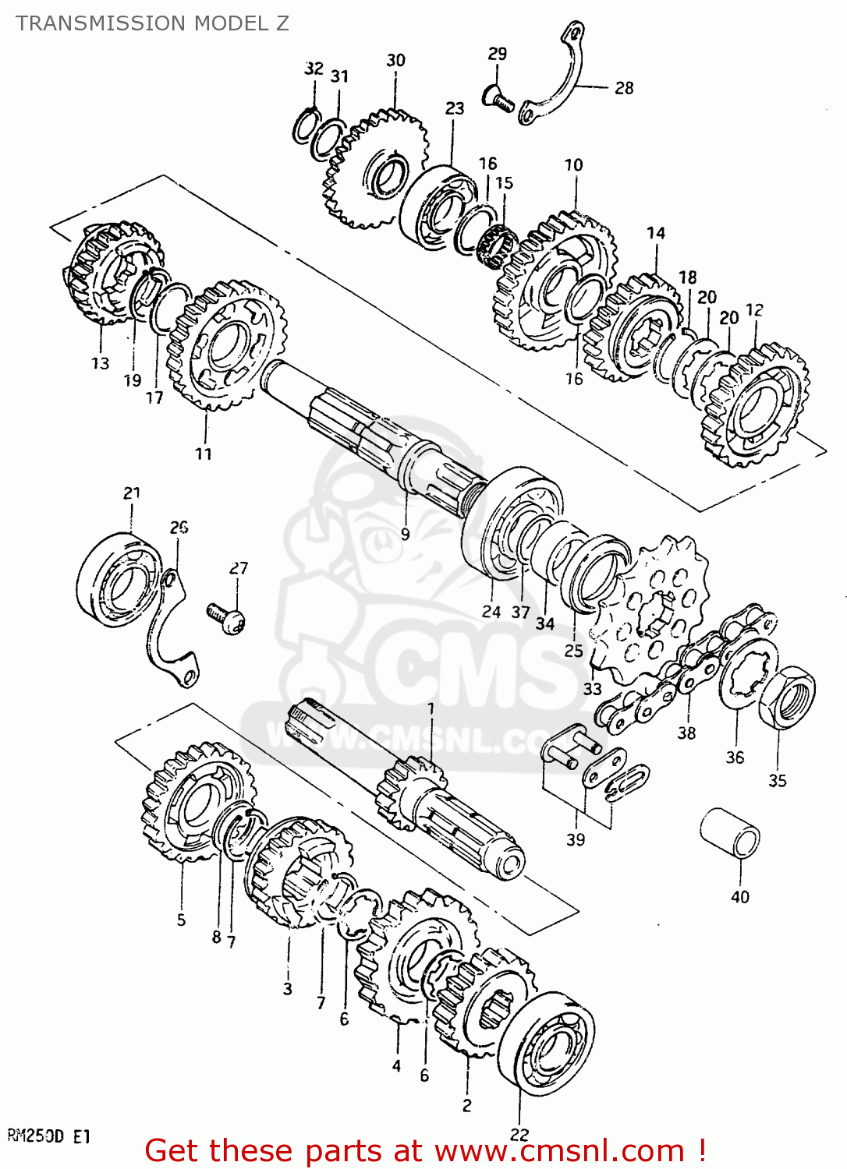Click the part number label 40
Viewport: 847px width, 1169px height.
[739, 897]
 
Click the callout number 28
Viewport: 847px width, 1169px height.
[624, 88]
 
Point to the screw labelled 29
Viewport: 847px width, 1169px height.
[499, 99]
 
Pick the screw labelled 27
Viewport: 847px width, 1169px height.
[227, 618]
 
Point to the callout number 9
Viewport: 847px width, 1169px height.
[405, 534]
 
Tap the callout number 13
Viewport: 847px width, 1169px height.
[100, 363]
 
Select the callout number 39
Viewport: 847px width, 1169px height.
[576, 839]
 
